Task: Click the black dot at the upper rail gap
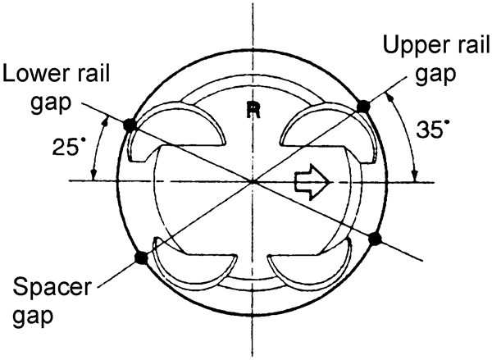pyautogui.click(x=362, y=106)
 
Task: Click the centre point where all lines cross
pyautogui.click(x=253, y=180)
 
